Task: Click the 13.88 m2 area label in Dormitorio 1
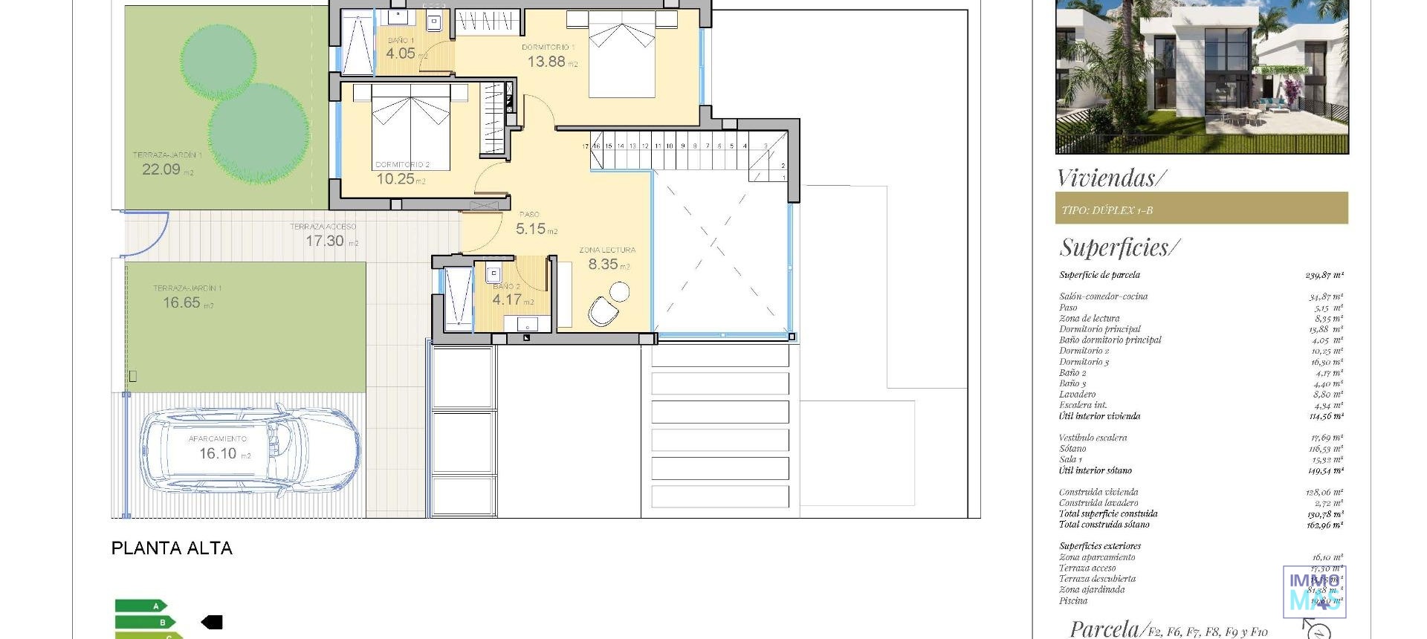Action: click(x=547, y=62)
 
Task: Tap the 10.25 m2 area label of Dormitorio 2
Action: click(x=396, y=179)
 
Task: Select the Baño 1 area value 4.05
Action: click(x=401, y=53)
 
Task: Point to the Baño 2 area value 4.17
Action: click(x=507, y=300)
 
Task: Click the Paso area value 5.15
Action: click(x=531, y=230)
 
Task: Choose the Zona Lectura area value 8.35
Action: click(x=604, y=265)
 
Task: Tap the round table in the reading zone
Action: click(x=618, y=291)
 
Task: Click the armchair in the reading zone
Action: click(x=603, y=311)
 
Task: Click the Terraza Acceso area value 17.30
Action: click(x=325, y=241)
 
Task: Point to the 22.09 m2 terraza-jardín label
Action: click(x=161, y=169)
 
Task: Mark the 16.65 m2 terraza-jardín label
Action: click(x=182, y=303)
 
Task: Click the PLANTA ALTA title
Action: click(x=172, y=548)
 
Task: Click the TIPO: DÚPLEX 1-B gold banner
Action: click(x=1201, y=209)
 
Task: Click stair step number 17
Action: click(x=586, y=146)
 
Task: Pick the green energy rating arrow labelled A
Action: click(x=141, y=606)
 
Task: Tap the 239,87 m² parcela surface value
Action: click(x=1324, y=275)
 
